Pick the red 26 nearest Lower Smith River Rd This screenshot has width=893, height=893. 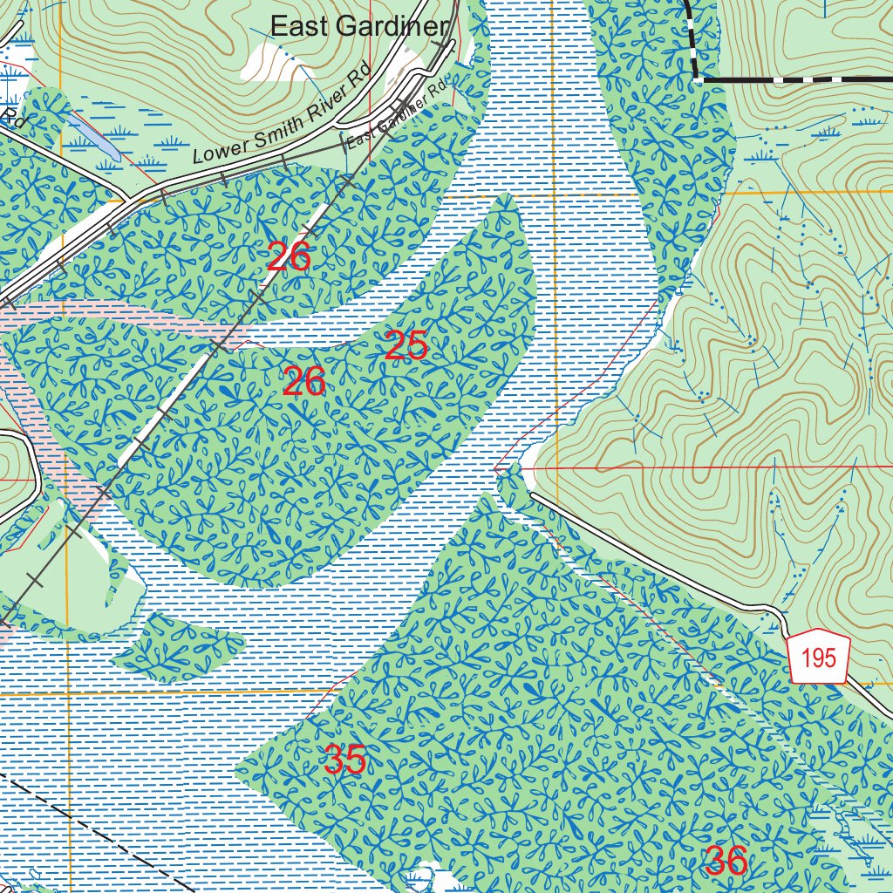click(x=289, y=257)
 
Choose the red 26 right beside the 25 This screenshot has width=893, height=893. click(x=303, y=382)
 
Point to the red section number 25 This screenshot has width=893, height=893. click(x=406, y=346)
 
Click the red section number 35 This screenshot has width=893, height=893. click(x=344, y=760)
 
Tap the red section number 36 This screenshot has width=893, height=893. click(x=726, y=862)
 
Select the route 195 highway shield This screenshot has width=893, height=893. click(x=818, y=658)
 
